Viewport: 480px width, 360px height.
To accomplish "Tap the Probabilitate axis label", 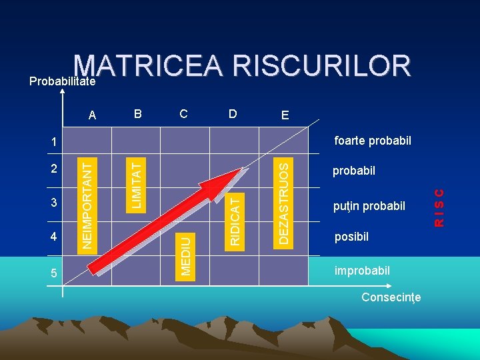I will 63,81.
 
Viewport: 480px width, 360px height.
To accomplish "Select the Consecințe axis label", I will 391,297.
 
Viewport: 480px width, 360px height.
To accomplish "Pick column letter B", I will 138,113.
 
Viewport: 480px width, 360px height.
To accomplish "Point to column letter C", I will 183,113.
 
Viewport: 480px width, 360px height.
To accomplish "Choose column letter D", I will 232,113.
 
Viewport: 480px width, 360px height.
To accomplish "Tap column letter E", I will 285,115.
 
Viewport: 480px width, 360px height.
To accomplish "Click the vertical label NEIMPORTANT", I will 87,202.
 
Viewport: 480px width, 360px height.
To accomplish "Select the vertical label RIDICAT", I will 235,219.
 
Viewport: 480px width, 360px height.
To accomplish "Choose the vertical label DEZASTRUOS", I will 285,201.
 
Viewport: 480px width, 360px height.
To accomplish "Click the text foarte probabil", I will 373,141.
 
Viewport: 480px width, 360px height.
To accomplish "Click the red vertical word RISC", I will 439,207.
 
